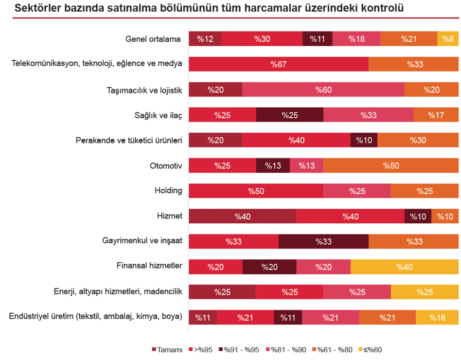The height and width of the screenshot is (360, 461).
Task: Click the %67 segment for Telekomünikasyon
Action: (278, 64)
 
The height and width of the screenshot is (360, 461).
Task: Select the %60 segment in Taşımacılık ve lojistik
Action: (323, 90)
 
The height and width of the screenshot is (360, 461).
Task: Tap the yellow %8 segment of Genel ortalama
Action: (448, 39)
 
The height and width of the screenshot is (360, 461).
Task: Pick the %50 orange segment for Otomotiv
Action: (390, 165)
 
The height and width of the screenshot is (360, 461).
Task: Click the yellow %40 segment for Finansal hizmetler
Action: (404, 267)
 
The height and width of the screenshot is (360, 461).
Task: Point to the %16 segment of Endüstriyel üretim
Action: (437, 317)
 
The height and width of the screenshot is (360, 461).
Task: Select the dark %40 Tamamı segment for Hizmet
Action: (242, 216)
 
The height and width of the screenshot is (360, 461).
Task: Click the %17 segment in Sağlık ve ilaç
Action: (436, 115)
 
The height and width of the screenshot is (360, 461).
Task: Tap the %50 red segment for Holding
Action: (256, 191)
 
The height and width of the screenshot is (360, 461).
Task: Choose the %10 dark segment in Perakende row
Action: (364, 140)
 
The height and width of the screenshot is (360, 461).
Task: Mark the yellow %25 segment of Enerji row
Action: (425, 292)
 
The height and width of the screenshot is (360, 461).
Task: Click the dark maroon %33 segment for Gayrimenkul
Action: (323, 241)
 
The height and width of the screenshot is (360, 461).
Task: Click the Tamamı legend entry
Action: (167, 349)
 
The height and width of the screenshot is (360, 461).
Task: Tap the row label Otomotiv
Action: (166, 165)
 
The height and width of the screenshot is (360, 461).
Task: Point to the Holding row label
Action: (168, 190)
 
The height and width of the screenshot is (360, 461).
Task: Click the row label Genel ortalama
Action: (153, 39)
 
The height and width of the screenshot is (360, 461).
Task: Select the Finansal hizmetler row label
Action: (149, 266)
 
